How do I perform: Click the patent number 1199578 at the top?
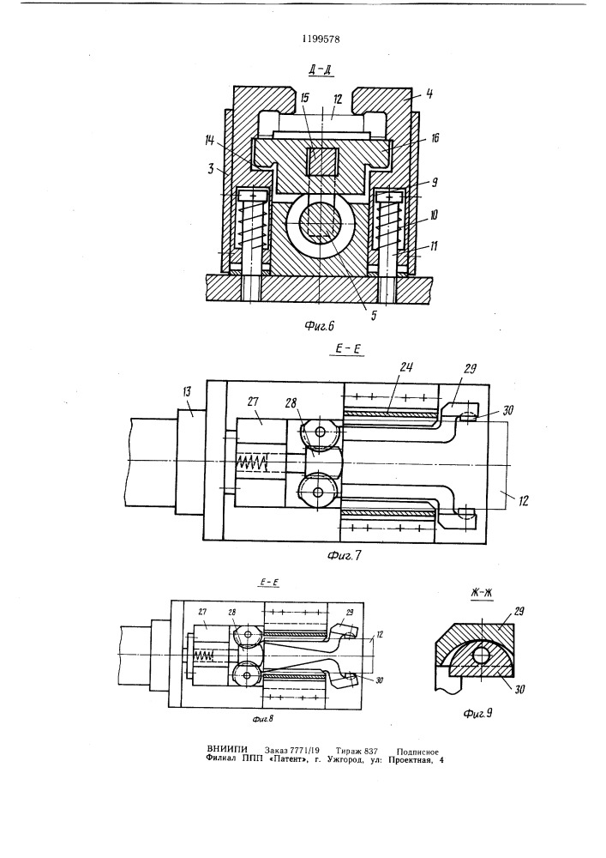[321, 39]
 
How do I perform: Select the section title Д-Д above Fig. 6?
[321, 69]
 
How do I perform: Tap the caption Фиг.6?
[319, 326]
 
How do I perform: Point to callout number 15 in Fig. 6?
[304, 99]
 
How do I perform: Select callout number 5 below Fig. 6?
[374, 315]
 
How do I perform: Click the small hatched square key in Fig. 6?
[321, 162]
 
